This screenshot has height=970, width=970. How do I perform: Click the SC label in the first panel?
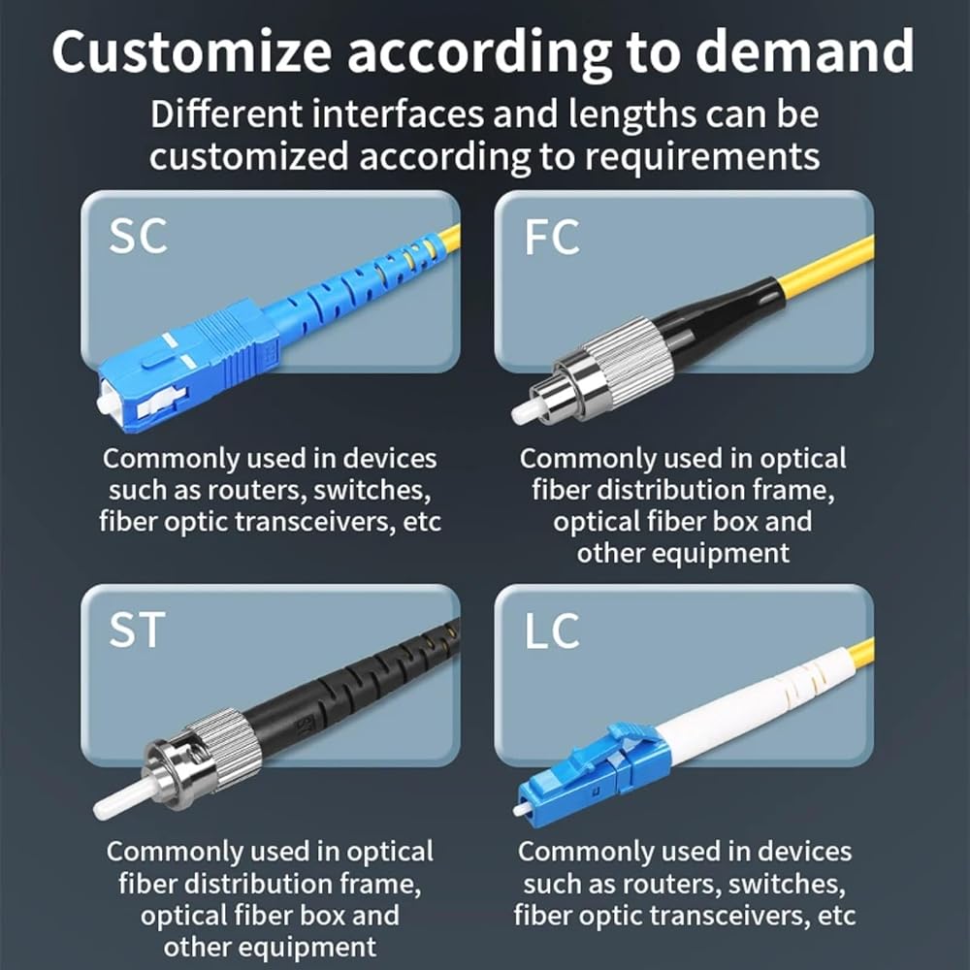click(x=138, y=236)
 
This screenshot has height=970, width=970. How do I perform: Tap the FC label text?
click(x=552, y=237)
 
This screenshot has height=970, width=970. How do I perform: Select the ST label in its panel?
click(x=137, y=630)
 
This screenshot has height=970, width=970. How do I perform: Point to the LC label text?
click(x=552, y=631)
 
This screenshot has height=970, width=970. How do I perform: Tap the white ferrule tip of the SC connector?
click(x=104, y=404)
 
